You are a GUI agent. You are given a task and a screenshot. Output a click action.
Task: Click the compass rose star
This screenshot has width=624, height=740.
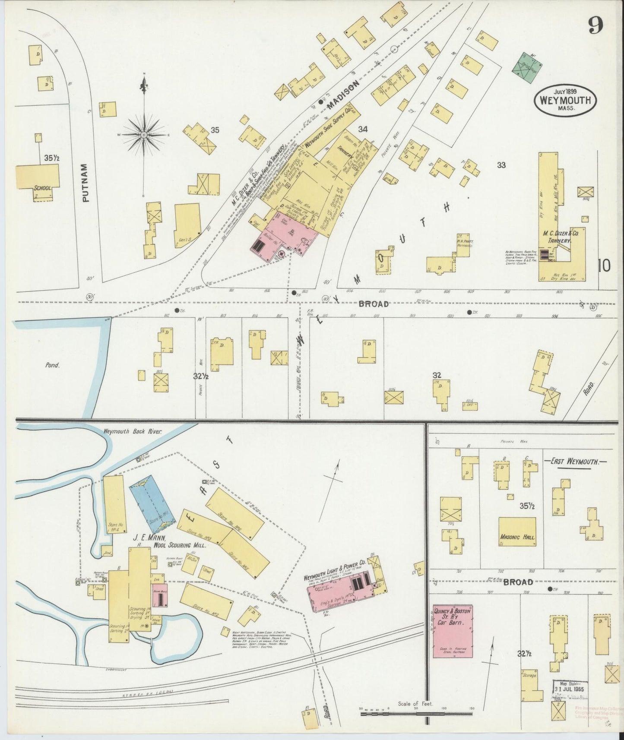pos(144,134)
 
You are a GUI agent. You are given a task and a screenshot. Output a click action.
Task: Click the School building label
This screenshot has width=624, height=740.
pos(43,188)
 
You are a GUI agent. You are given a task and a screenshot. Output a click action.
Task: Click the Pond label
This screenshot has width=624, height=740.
pos(52,365)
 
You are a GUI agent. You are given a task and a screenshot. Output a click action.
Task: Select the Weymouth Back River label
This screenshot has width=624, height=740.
pos(132,431)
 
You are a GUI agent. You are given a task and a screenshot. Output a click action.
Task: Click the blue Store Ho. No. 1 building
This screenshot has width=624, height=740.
pos(152,503)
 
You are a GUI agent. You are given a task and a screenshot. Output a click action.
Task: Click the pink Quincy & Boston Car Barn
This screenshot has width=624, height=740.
pos(453,633)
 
